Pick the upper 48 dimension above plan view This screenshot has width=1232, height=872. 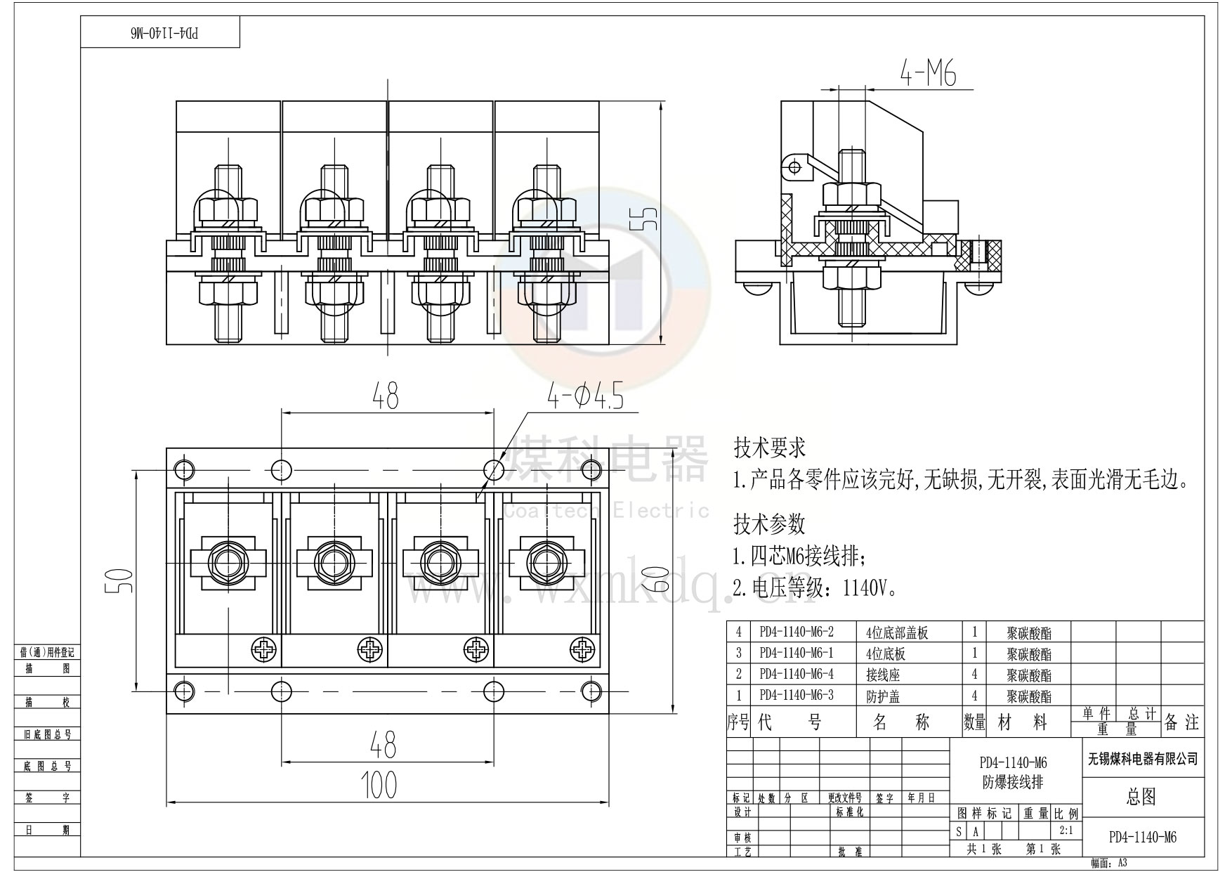coord(386,396)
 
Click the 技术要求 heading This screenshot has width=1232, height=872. coord(769,448)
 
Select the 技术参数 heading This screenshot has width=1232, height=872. coord(769,523)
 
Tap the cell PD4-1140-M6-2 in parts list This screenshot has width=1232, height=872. coord(797,632)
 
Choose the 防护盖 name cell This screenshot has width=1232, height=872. coord(883,696)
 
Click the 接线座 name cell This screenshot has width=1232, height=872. coord(883,675)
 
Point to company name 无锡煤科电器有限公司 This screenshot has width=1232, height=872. coord(1143,759)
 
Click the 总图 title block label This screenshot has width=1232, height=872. coord(1141,796)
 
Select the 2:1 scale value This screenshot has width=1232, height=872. coord(1066,831)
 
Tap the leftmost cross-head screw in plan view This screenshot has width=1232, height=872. coord(263,650)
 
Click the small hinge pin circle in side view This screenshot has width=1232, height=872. coord(794,167)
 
